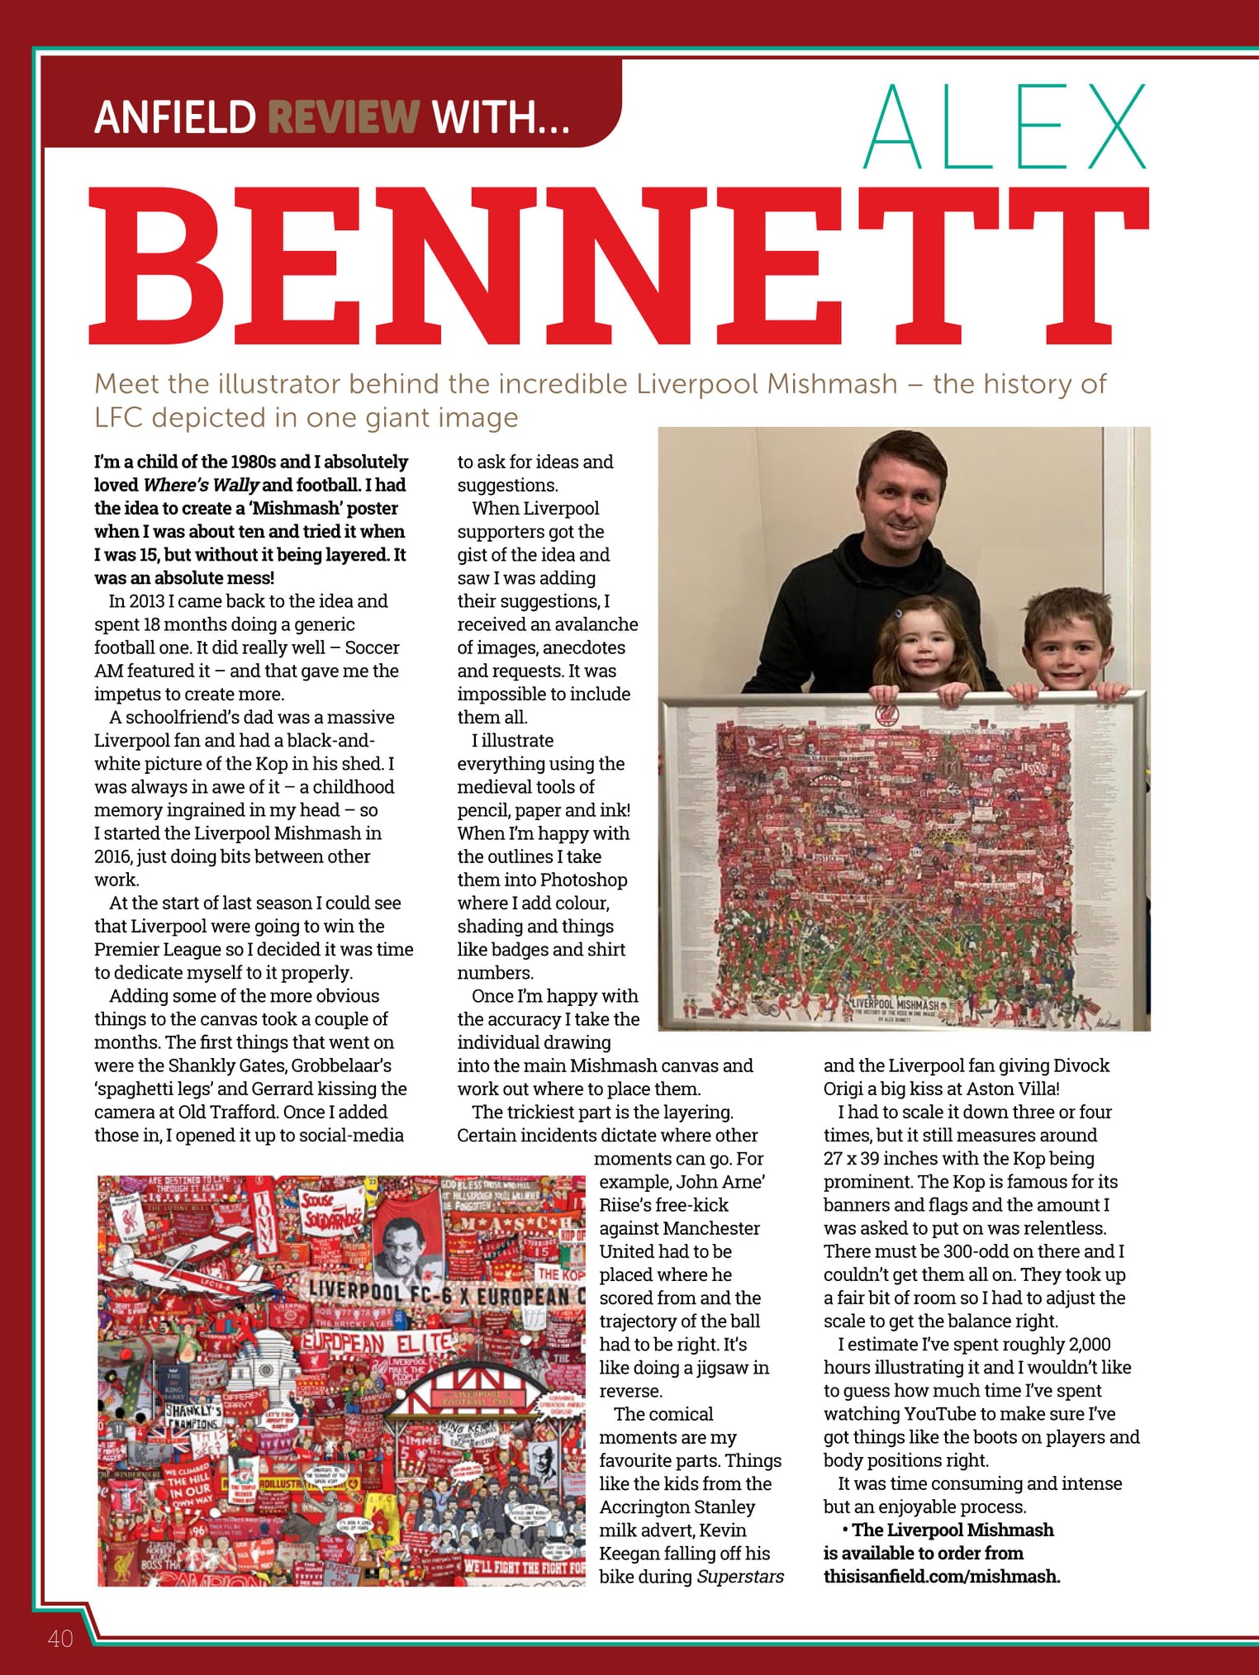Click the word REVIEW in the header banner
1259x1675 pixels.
tap(344, 116)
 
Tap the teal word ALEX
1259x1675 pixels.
tap(1005, 127)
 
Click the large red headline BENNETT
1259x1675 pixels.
tap(619, 266)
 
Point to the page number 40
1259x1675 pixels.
tap(60, 1638)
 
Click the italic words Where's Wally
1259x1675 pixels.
tap(201, 485)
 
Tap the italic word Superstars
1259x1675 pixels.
tap(740, 1577)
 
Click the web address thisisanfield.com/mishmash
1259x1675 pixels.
tap(941, 1577)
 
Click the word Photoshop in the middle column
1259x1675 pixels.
tap(584, 880)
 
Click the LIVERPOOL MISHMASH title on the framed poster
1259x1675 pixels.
tap(895, 1005)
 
